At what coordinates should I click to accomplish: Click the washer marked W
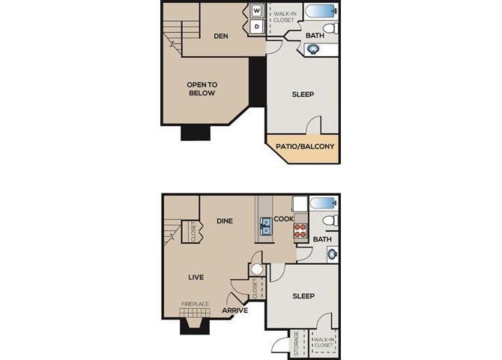(256, 11)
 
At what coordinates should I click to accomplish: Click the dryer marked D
(256, 27)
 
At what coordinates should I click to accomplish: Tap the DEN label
(220, 36)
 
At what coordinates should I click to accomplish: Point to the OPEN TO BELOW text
(201, 89)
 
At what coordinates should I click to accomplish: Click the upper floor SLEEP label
(302, 94)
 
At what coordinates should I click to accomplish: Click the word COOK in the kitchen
(284, 219)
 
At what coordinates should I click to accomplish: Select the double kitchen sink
(266, 226)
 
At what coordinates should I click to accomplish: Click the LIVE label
(196, 277)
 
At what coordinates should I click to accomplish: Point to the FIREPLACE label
(196, 304)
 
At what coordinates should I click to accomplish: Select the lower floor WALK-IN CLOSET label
(324, 343)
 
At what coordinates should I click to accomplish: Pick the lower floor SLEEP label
(302, 296)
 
